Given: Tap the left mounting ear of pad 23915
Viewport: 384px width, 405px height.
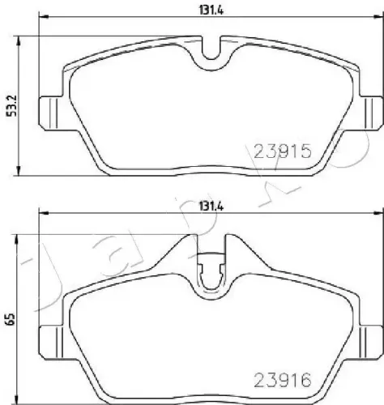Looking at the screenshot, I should pos(49,107).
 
